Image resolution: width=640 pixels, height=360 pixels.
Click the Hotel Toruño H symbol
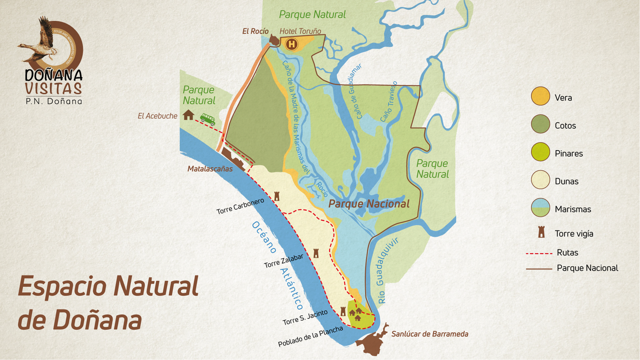click(291, 44)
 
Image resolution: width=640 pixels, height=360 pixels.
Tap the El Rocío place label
click(255, 31)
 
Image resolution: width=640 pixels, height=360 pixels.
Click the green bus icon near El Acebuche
click(207, 119)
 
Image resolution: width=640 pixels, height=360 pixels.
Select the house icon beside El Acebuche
click(188, 115)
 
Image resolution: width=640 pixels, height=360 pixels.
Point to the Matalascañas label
click(210, 169)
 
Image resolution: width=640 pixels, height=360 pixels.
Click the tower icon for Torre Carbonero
click(276, 196)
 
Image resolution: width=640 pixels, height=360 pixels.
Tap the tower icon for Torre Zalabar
click(315, 253)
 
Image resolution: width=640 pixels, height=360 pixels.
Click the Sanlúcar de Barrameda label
click(429, 334)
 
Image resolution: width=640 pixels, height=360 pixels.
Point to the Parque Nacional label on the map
click(369, 203)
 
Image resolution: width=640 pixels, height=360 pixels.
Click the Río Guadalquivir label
click(388, 270)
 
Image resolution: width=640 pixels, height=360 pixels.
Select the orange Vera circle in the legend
click(540, 96)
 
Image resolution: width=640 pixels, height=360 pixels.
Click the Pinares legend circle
click(540, 152)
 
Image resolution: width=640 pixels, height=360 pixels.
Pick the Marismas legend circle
click(540, 208)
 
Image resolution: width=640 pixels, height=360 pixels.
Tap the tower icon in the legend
click(540, 232)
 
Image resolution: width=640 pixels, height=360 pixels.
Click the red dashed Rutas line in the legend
click(538, 253)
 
